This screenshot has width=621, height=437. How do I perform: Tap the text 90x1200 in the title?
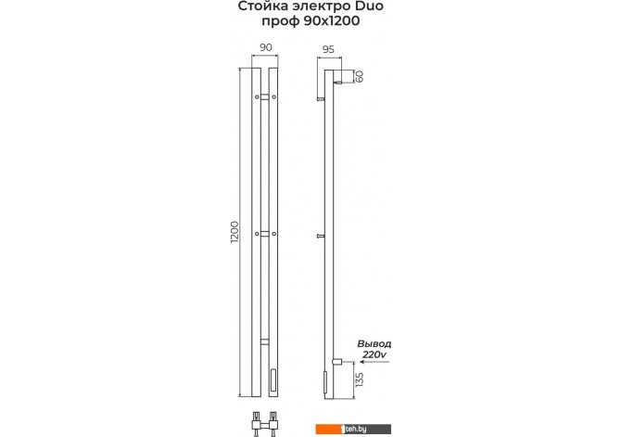332,20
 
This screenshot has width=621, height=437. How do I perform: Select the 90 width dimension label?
266,47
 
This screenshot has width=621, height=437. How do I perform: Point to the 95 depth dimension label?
328,49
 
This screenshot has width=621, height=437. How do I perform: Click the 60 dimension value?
360,76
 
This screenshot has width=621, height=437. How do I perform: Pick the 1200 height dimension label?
234,232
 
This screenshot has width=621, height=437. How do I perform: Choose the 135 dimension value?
360,379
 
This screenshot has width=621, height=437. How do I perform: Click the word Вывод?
374,344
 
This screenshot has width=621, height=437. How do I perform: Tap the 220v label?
374,354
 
